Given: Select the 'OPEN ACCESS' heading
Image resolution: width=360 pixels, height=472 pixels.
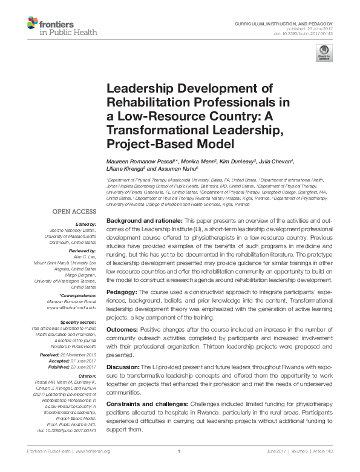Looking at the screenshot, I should (74, 212).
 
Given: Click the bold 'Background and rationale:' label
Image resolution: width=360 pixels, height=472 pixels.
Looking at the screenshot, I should (143, 223).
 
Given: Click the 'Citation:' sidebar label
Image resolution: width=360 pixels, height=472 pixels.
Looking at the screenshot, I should (87, 376).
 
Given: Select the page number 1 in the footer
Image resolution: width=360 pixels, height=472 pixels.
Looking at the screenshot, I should (180, 451).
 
